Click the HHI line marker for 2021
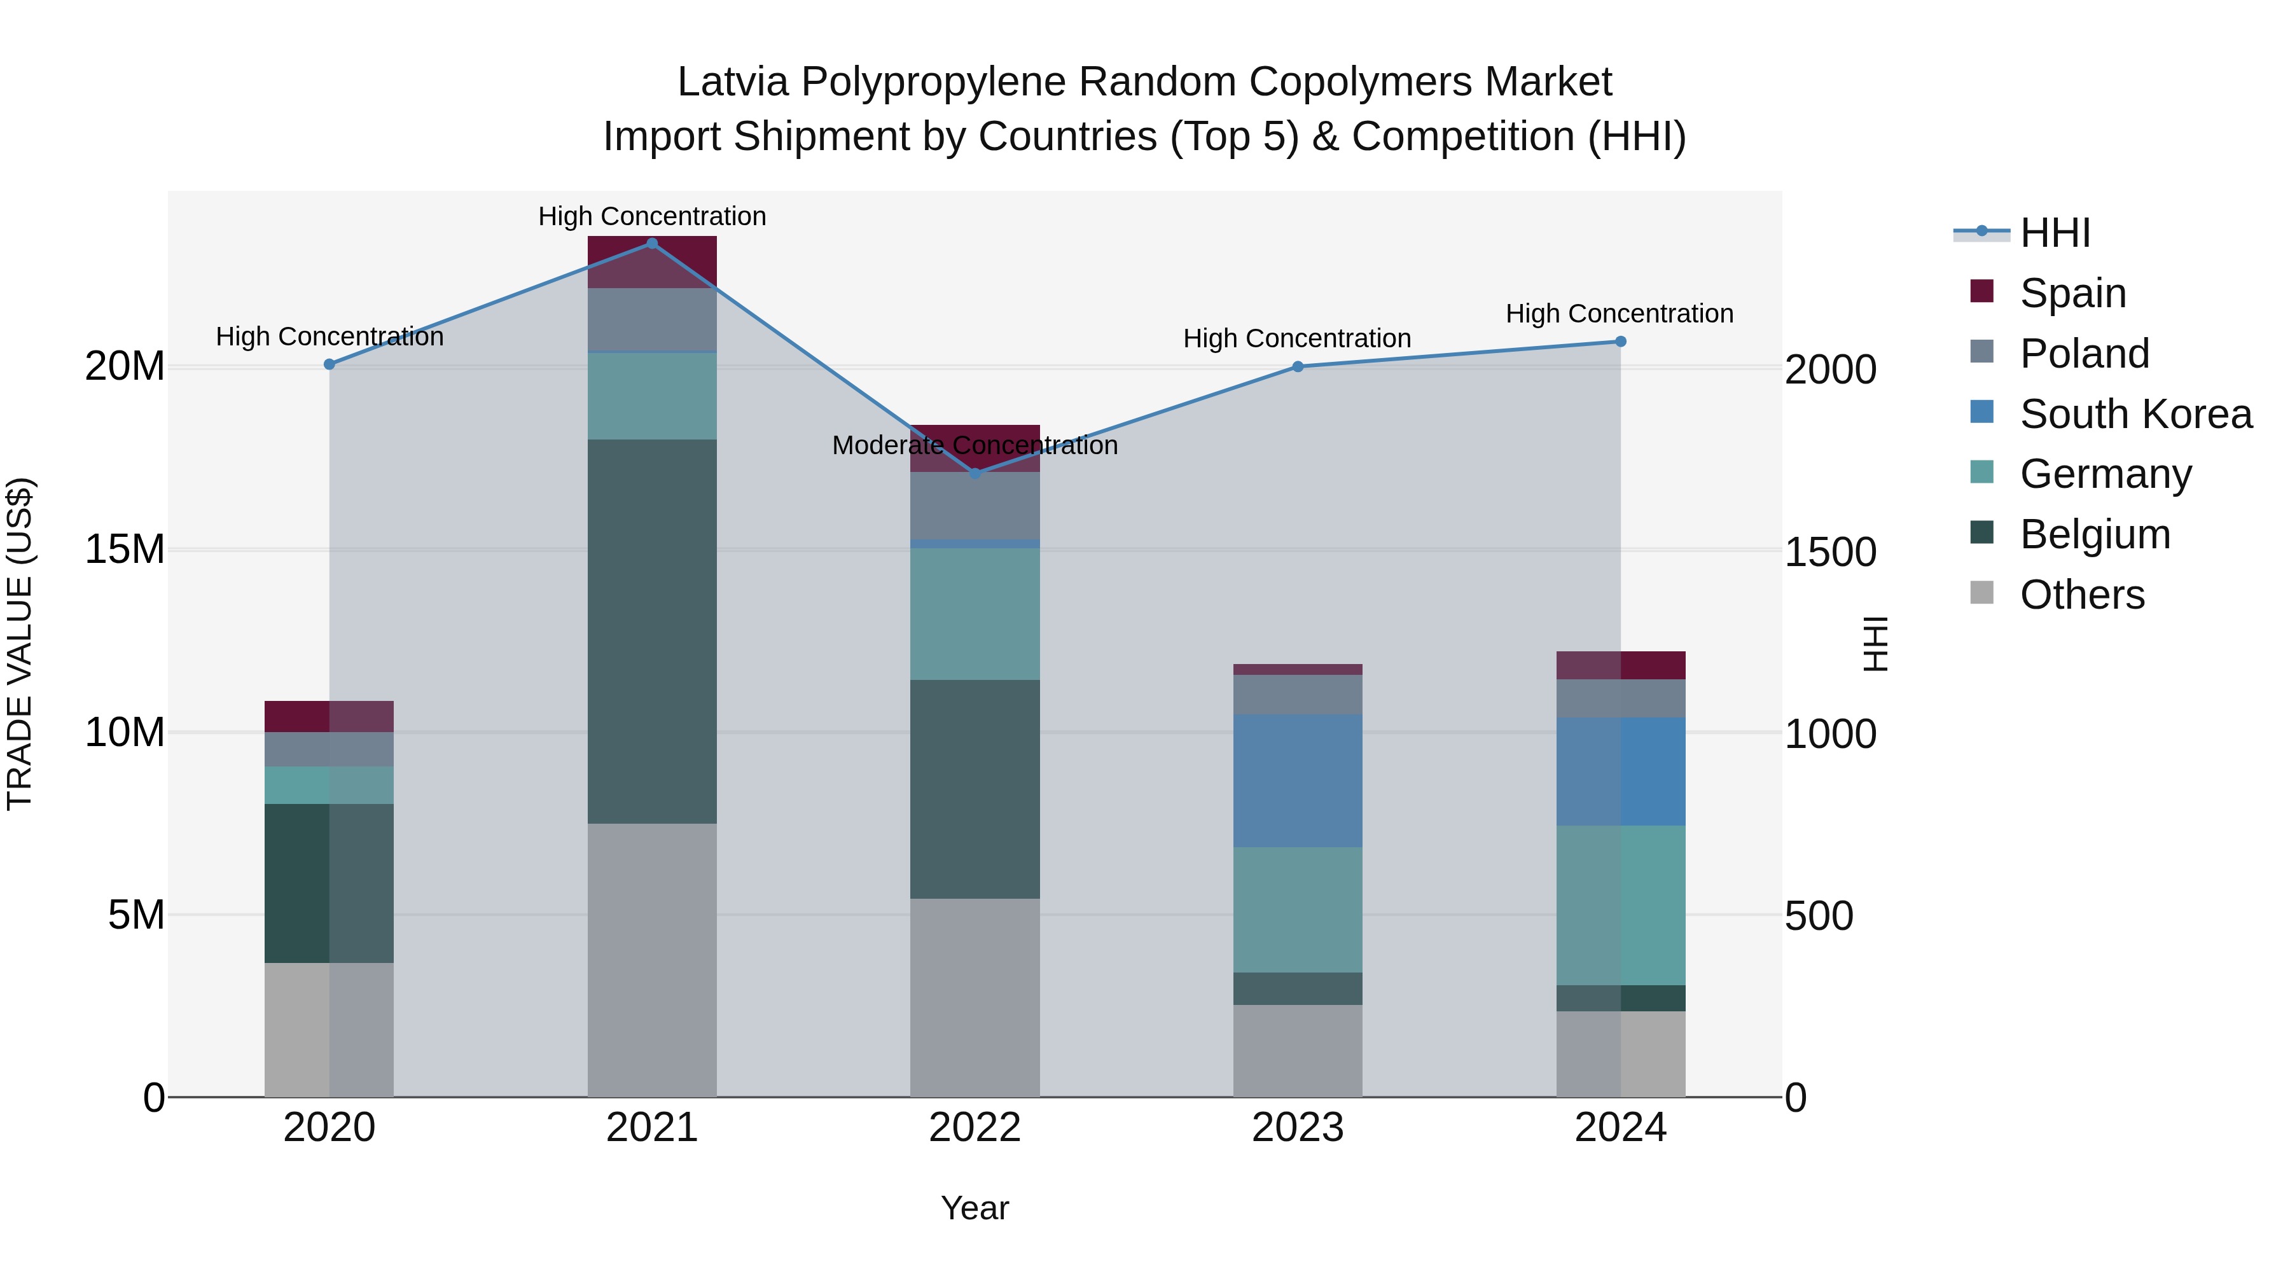(x=651, y=244)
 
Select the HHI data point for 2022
(x=975, y=474)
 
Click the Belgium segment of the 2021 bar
(x=651, y=631)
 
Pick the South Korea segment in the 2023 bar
(x=1297, y=780)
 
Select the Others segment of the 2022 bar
(x=975, y=997)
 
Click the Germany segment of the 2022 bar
(x=975, y=613)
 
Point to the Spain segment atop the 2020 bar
(x=329, y=716)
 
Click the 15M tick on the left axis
(x=125, y=550)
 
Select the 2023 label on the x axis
(x=1297, y=1128)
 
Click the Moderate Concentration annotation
(x=975, y=445)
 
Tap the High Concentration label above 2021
(x=651, y=216)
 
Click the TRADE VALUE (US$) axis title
(x=20, y=644)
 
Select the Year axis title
(x=975, y=1208)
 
